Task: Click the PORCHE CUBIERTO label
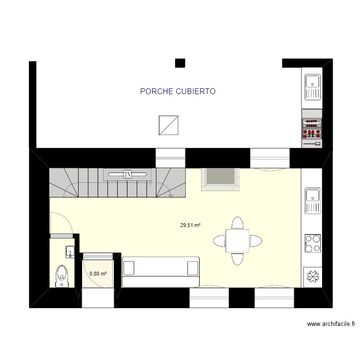178,91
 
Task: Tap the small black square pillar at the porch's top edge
180,63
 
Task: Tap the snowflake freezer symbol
312,277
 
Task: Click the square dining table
237,241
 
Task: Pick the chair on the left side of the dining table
219,241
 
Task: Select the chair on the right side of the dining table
256,241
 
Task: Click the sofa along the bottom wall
160,272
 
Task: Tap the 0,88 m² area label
97,274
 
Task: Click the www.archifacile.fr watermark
331,324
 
